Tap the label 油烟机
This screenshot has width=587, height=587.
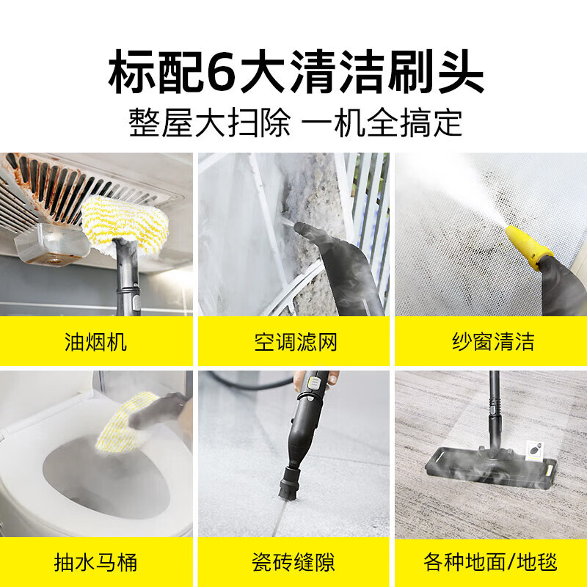[96, 342]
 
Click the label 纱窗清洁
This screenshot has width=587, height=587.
[492, 342]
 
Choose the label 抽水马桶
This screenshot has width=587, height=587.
[96, 563]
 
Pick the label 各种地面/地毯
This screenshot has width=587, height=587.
[491, 563]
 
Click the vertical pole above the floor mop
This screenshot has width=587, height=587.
[494, 411]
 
